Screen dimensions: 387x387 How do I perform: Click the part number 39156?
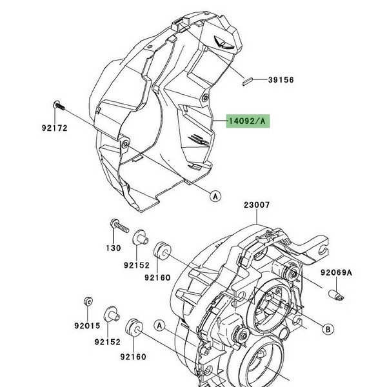coord(264,80)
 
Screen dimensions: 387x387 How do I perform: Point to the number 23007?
coord(257,206)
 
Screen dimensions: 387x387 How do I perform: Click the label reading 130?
coord(114,248)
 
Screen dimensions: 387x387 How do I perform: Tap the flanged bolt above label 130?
coord(117,226)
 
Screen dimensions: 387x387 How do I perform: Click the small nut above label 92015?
coord(86,302)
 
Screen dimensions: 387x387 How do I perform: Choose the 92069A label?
coord(336,273)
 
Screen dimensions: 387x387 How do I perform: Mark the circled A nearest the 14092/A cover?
coord(215,194)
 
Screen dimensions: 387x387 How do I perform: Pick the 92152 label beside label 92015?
coord(106,342)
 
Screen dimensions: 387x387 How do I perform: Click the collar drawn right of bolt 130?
coord(137,241)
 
